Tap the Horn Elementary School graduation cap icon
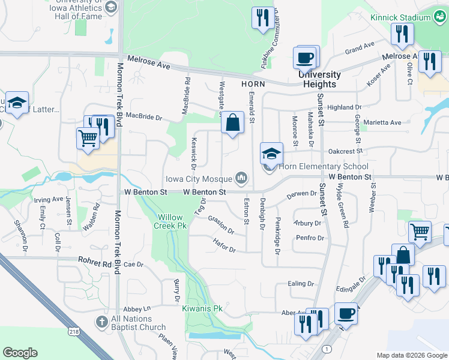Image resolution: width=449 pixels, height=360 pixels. tap(271, 152)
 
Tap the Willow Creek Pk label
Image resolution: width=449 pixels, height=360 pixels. tap(172, 221)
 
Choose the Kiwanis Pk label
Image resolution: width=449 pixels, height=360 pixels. tap(202, 308)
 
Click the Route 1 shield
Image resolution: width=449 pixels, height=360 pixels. tap(325, 349)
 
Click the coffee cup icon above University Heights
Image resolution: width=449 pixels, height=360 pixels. tap(304, 58)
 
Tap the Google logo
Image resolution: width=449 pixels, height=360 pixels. tap(20, 353)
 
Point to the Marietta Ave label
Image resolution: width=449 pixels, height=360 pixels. tap(387, 123)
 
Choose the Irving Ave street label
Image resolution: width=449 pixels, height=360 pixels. tap(49, 199)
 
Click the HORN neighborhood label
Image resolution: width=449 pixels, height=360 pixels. tap(253, 85)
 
